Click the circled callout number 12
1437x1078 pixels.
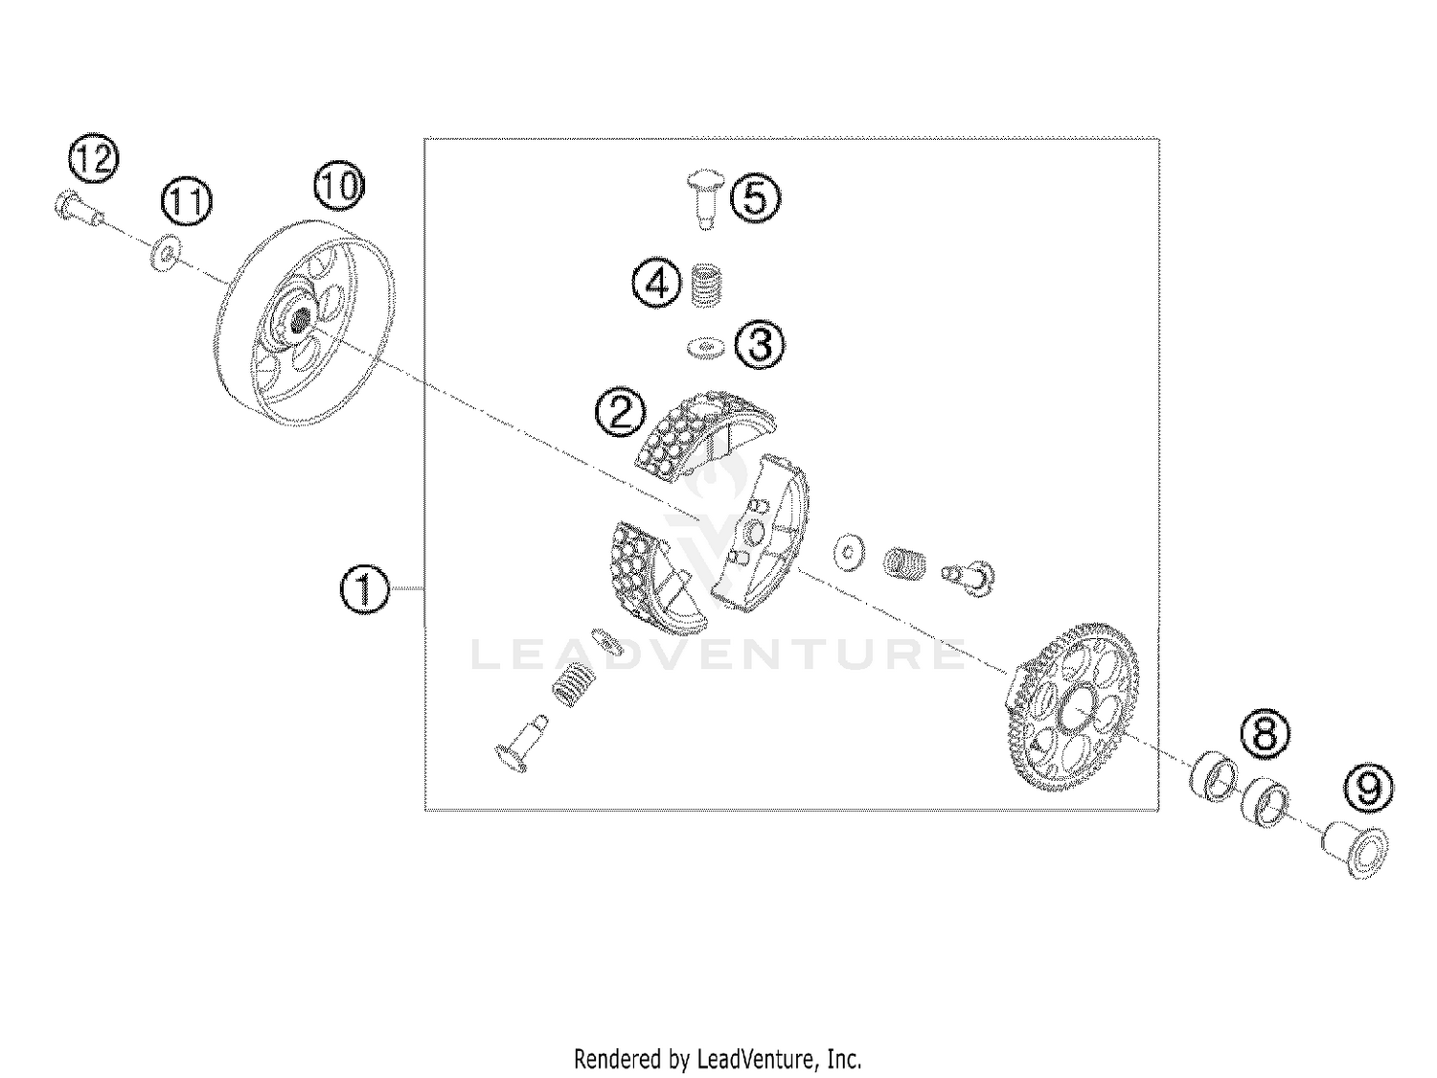[x=94, y=158]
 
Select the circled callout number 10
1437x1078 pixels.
[x=339, y=186]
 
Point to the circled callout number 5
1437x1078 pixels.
[x=756, y=198]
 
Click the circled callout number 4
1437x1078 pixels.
[x=657, y=285]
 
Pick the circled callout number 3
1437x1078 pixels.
[x=760, y=345]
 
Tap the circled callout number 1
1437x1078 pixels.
[x=365, y=589]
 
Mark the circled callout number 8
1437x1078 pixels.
[x=1265, y=733]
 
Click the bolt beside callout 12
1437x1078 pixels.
[x=79, y=206]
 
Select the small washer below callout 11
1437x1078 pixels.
[x=167, y=253]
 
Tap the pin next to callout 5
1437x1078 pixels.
[x=705, y=199]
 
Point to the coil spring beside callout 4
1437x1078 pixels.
[x=707, y=285]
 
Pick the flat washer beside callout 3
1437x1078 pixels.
[x=706, y=348]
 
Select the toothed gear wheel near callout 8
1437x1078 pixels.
[x=1072, y=707]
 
